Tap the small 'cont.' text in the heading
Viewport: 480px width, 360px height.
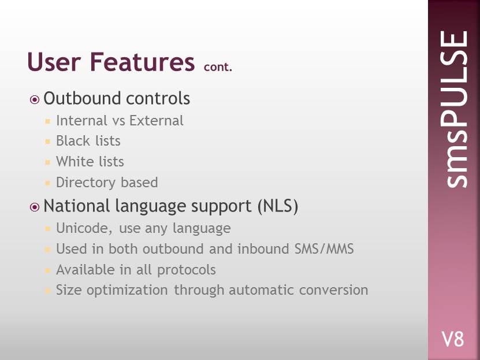click(x=218, y=66)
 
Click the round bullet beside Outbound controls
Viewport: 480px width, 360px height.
click(x=35, y=100)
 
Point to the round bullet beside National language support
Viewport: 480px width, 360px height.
click(x=35, y=207)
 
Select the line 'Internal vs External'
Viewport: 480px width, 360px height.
click(x=120, y=120)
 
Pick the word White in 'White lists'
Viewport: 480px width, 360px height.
click(x=75, y=161)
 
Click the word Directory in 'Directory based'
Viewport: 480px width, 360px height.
click(x=85, y=183)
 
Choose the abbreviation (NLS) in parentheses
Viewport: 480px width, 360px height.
click(x=278, y=206)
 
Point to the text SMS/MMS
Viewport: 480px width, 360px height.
click(x=324, y=248)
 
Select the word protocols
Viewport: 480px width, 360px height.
click(x=187, y=270)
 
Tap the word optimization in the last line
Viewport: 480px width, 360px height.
click(x=127, y=290)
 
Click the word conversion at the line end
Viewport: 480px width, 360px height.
click(x=333, y=290)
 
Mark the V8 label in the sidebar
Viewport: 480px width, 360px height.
click(x=452, y=339)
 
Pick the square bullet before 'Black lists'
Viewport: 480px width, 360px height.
click(x=47, y=142)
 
